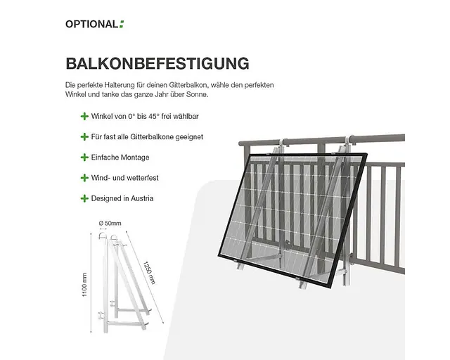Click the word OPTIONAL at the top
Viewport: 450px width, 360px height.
(91, 24)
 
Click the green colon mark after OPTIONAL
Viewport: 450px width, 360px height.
(122, 24)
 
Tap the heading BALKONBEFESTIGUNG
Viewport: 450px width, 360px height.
(157, 63)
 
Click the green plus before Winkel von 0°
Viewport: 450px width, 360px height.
(84, 116)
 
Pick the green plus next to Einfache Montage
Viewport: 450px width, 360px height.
(84, 157)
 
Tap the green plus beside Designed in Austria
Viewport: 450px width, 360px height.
(84, 198)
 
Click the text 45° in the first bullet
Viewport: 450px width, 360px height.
(154, 116)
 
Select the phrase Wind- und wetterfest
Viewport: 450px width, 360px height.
(125, 178)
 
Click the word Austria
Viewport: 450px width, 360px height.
(142, 198)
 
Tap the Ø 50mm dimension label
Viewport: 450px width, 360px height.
(110, 223)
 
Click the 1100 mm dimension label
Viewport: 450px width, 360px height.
(84, 285)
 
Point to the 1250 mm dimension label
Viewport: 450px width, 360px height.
(149, 273)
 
